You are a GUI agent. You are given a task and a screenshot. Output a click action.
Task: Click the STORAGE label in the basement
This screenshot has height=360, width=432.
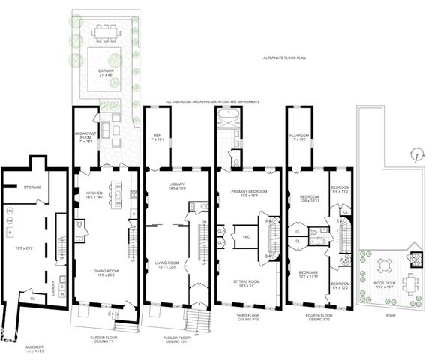pos(32,187)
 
